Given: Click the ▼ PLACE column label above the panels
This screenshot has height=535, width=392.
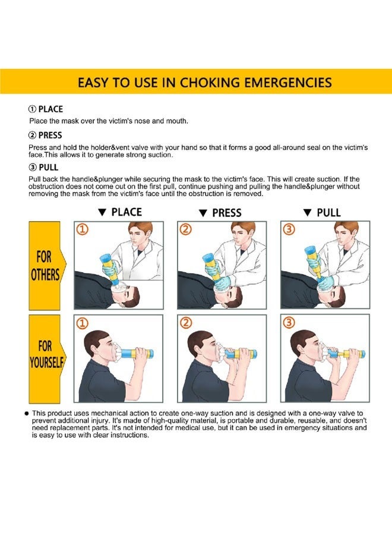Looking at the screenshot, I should click(119, 212).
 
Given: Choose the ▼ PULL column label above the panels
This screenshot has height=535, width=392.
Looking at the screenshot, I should click(321, 213).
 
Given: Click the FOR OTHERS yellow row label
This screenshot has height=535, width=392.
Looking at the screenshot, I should click(46, 266).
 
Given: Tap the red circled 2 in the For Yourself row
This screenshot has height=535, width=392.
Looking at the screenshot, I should click(186, 323).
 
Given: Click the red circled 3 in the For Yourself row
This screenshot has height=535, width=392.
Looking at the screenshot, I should click(289, 323).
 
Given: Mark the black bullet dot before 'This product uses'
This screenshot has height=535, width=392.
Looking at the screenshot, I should click(27, 413).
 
